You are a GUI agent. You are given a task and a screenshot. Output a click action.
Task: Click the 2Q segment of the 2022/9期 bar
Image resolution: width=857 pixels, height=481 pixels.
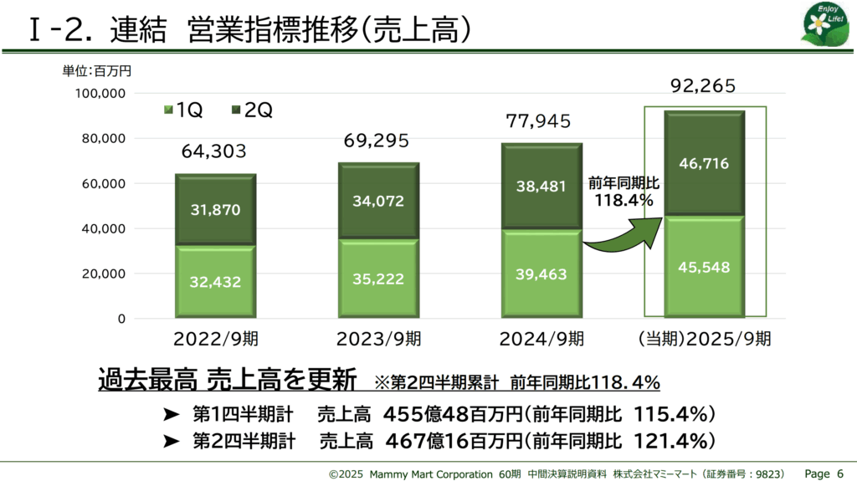pos(215,209)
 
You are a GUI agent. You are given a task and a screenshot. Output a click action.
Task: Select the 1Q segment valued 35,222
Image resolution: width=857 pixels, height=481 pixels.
pos(378,279)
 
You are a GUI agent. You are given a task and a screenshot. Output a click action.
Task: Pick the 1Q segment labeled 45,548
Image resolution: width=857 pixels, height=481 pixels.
pos(705,268)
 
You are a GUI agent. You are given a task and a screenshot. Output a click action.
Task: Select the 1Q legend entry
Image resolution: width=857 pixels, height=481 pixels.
pos(180,110)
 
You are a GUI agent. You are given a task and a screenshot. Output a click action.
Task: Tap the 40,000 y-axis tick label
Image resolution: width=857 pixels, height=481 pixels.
pos(104,228)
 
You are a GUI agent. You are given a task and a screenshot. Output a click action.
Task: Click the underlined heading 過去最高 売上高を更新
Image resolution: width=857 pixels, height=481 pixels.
pos(227,380)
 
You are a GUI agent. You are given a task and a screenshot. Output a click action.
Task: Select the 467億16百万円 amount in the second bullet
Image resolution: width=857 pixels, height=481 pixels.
pos(453,441)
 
